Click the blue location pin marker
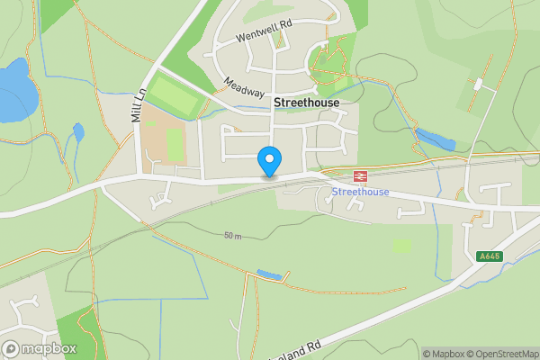pos(268,160)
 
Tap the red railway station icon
pos(359,175)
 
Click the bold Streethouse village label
pos(306,103)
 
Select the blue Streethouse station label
pos(360,193)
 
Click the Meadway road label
pos(245,86)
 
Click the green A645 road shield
pos(488,256)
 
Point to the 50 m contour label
pos(234,236)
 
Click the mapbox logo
pos(40,348)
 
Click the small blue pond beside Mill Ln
pos(78,133)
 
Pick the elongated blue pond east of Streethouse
pos(436,140)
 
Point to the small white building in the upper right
pos(478,84)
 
